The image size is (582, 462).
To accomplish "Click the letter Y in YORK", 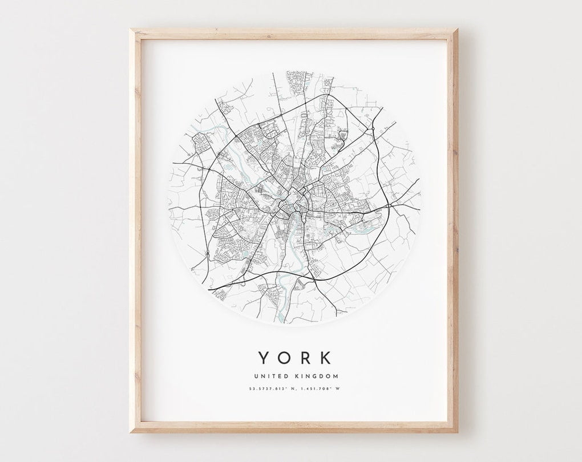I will [264, 358].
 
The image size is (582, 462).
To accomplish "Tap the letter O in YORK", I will [284, 358].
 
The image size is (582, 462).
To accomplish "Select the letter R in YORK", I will [305, 358].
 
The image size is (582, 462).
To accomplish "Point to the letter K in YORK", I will [325, 358].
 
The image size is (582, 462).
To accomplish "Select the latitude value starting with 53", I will [266, 389].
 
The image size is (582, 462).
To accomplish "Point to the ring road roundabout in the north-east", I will [371, 129].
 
